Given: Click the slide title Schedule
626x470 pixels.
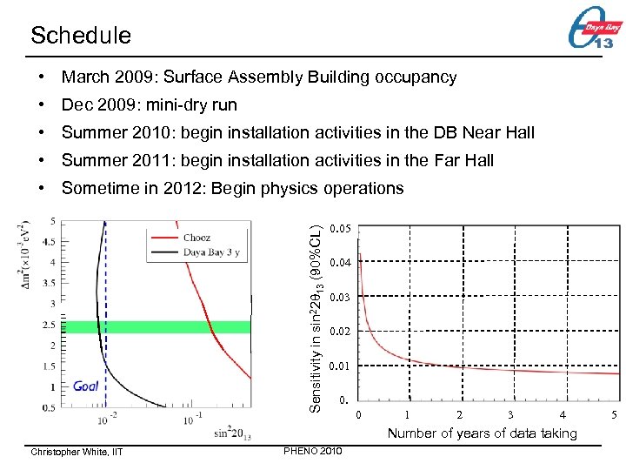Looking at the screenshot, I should click(x=80, y=35).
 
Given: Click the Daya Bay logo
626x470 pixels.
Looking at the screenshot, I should click(x=594, y=34).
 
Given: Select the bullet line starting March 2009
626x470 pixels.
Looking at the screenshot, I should click(x=258, y=77).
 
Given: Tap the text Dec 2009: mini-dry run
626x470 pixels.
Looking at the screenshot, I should click(x=149, y=105).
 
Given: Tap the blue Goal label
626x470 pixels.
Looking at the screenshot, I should click(x=86, y=386).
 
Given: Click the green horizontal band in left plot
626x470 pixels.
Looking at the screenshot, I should click(x=156, y=327).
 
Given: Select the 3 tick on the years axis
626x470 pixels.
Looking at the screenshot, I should click(x=510, y=415).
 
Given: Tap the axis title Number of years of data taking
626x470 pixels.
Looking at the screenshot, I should click(x=482, y=433).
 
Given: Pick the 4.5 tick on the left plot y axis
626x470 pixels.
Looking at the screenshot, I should click(x=50, y=242).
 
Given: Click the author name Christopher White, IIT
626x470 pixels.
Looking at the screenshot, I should click(x=77, y=452).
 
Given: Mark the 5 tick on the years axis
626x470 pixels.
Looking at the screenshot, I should click(x=615, y=415).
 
